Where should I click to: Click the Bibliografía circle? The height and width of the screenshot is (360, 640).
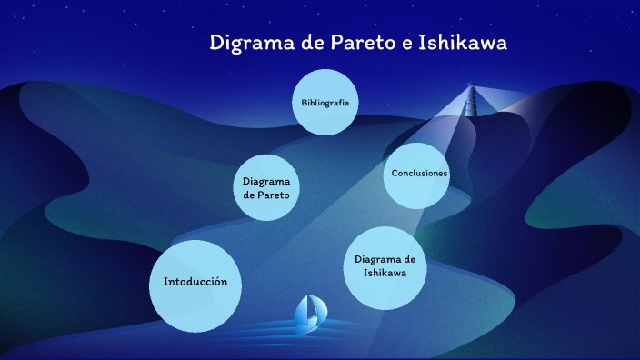(325, 102)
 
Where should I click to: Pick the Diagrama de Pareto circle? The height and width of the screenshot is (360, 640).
(266, 187)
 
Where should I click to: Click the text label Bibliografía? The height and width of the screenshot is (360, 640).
(325, 102)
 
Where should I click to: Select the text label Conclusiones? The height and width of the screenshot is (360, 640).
(419, 173)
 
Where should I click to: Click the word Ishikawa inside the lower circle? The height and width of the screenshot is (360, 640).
(385, 273)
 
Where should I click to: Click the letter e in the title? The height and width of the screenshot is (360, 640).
(405, 43)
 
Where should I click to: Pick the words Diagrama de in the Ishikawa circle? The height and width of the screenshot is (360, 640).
(385, 259)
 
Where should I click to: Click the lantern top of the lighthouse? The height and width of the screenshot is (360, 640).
(471, 88)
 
